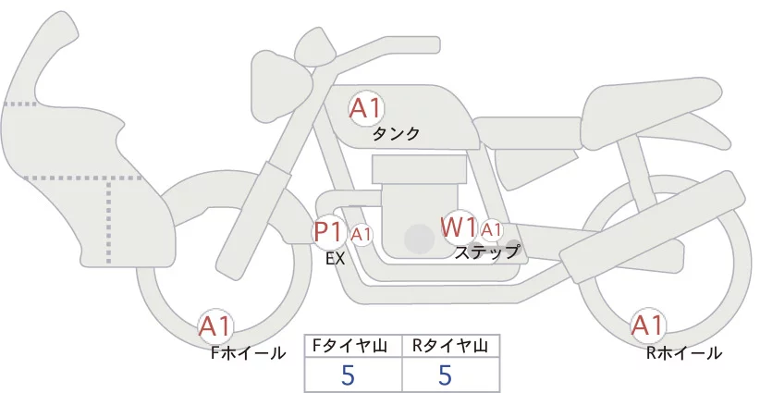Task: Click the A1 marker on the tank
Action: pyautogui.click(x=366, y=108)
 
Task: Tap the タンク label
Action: pyautogui.click(x=396, y=133)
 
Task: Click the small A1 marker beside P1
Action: pyautogui.click(x=362, y=235)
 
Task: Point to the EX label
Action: pyautogui.click(x=336, y=259)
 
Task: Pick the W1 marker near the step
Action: pyautogui.click(x=459, y=227)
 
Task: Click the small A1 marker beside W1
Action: pyautogui.click(x=491, y=230)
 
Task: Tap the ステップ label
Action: pyautogui.click(x=486, y=253)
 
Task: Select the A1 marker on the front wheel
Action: pyautogui.click(x=215, y=326)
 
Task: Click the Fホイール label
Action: pyautogui.click(x=248, y=353)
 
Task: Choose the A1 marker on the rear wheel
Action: pyautogui.click(x=647, y=325)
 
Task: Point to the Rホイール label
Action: pyautogui.click(x=684, y=353)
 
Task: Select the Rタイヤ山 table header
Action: pyautogui.click(x=449, y=346)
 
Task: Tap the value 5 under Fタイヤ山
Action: pyautogui.click(x=348, y=375)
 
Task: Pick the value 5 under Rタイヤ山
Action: pyautogui.click(x=445, y=375)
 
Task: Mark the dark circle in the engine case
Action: pyautogui.click(x=419, y=239)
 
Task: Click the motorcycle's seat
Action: pyautogui.click(x=649, y=113)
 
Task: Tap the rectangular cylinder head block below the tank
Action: pyautogui.click(x=419, y=169)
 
